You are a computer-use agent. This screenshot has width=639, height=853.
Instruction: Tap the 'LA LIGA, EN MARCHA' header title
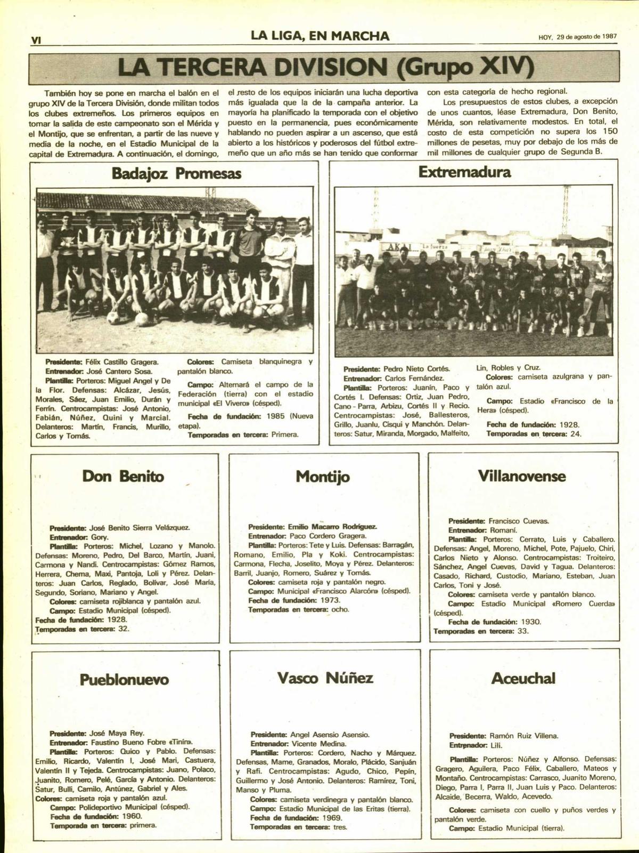pos(320,36)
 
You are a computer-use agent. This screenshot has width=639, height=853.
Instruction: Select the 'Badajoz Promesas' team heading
pos(176,173)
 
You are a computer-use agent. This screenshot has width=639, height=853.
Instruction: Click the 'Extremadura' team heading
pos(464,172)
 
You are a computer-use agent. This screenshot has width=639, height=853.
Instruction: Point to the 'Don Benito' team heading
pos(123,476)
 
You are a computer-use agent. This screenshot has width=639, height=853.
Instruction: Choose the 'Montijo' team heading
pos(323,476)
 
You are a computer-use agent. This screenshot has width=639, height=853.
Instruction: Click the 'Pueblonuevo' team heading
pos(124,679)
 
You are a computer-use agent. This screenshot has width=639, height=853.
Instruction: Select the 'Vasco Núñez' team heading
pos(325,678)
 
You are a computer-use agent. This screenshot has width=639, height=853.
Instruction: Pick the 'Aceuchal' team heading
pos(523,678)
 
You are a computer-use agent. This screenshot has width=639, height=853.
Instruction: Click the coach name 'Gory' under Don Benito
pos(100,537)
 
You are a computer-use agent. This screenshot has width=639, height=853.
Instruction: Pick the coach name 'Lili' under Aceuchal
pos(496,745)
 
